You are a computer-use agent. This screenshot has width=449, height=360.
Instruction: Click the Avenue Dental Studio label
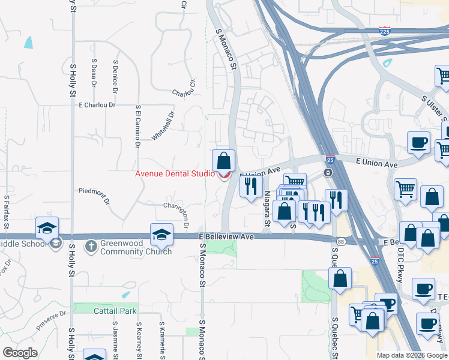[175, 174]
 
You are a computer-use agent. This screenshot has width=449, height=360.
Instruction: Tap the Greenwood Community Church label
[136, 248]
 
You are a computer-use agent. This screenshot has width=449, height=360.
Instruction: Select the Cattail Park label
[115, 311]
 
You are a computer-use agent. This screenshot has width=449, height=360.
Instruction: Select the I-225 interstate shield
[385, 30]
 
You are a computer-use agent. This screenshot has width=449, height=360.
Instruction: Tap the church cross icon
[91, 245]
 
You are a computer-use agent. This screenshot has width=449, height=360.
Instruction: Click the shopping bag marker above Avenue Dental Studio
[223, 161]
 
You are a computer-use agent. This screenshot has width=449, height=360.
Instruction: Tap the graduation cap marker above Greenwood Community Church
[161, 235]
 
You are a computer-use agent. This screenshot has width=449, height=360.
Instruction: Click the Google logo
[20, 353]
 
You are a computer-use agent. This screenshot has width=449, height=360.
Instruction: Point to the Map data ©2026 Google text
[412, 355]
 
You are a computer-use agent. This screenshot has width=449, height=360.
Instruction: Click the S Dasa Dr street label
[94, 71]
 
